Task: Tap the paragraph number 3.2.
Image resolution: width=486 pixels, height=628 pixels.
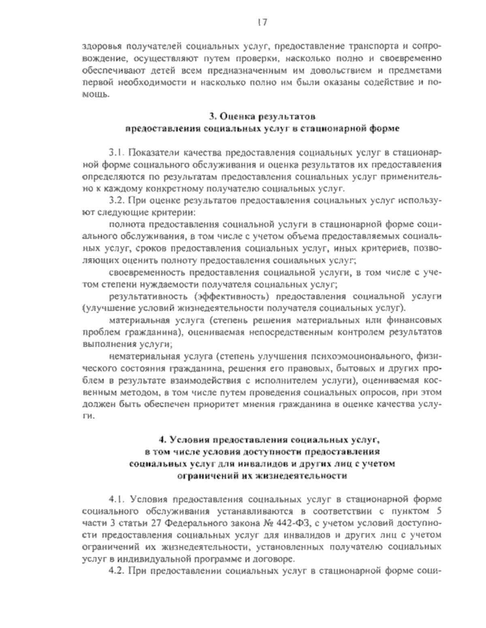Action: point(117,200)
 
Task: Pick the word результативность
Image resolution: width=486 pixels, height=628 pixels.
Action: point(148,297)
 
